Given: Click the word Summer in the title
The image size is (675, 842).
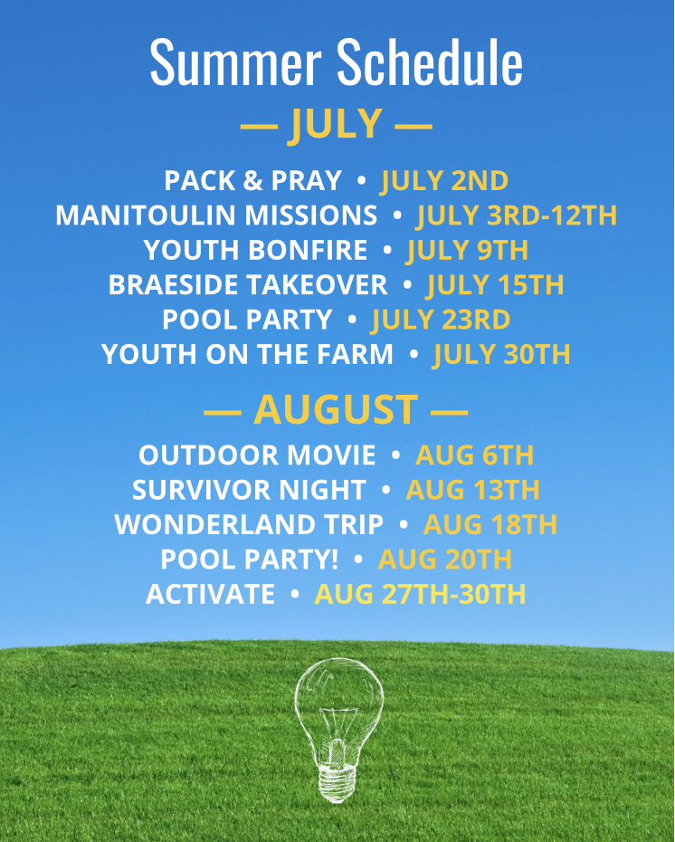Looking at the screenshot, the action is tap(235, 62).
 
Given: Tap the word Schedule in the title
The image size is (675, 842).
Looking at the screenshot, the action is tap(429, 62).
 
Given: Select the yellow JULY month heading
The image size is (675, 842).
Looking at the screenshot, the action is tap(336, 124).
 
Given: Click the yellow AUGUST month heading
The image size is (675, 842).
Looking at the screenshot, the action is tap(336, 409).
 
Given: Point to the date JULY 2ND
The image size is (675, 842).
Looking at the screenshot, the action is tap(444, 181).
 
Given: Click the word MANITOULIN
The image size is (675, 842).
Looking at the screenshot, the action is tap(147, 215).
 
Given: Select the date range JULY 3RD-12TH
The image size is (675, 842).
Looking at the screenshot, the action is tap(517, 215).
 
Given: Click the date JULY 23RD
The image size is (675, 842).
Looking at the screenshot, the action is tap(440, 320).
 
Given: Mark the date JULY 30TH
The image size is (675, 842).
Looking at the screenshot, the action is tap(501, 355).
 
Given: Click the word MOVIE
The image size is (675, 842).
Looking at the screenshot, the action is tap(331, 455).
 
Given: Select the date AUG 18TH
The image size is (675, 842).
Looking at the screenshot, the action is tap(490, 524).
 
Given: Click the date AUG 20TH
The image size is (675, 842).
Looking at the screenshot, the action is tap(445, 560).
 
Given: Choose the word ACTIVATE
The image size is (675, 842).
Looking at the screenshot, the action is tap(210, 594).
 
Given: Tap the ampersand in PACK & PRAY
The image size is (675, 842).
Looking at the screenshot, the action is tap(252, 180).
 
